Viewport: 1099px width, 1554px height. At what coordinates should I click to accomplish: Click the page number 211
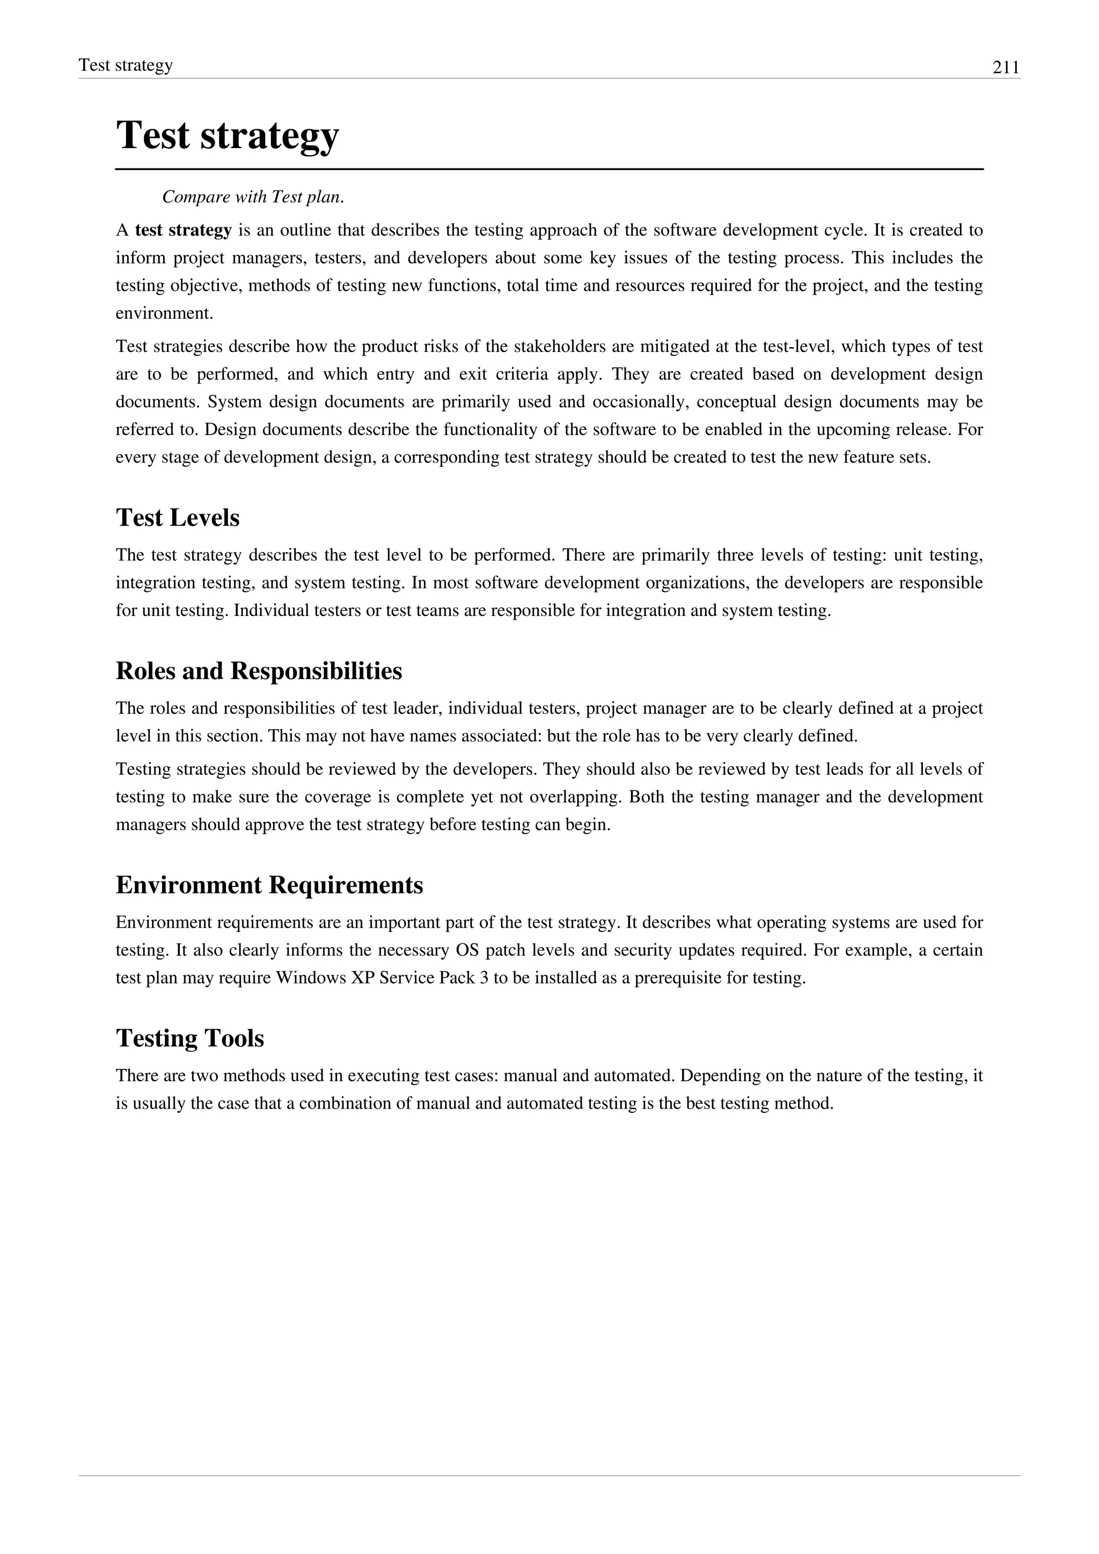click(1006, 68)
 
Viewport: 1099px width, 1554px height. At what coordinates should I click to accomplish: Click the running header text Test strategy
click(126, 65)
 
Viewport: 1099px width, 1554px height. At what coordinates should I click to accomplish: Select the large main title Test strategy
click(228, 135)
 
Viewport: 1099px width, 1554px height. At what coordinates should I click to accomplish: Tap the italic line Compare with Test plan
click(253, 197)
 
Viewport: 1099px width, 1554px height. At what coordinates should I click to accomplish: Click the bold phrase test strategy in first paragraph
click(184, 230)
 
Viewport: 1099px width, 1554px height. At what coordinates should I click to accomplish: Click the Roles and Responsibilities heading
click(259, 671)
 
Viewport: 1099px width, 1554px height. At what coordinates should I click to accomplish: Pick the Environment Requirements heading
click(269, 885)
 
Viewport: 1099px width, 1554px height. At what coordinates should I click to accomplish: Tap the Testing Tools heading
click(189, 1038)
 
